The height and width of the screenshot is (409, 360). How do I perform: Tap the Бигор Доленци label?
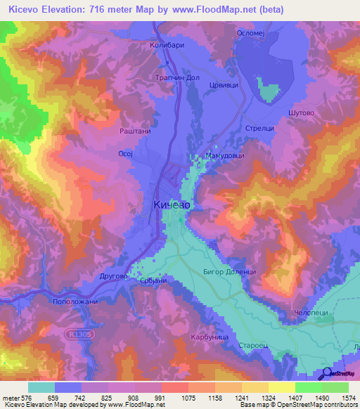click(x=236, y=272)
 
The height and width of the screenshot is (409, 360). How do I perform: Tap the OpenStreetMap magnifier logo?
click(x=326, y=373)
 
